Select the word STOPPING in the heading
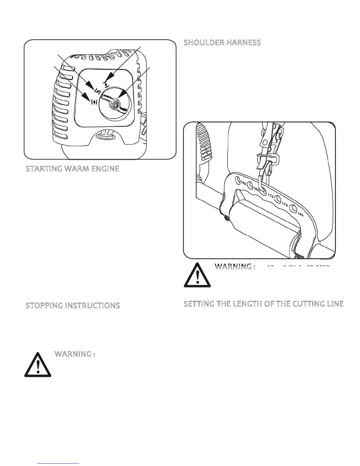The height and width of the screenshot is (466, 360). (x=44, y=306)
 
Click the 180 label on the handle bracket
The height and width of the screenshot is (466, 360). (x=256, y=190)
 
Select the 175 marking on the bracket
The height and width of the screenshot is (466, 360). (x=270, y=196)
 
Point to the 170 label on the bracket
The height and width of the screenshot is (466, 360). (x=284, y=203)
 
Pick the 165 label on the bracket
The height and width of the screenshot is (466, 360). (x=300, y=214)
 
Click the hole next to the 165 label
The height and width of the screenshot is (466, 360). (x=293, y=209)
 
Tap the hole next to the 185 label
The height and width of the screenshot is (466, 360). (x=237, y=179)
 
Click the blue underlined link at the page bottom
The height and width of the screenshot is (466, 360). (x=59, y=463)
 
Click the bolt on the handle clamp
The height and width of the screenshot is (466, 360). (x=226, y=218)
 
